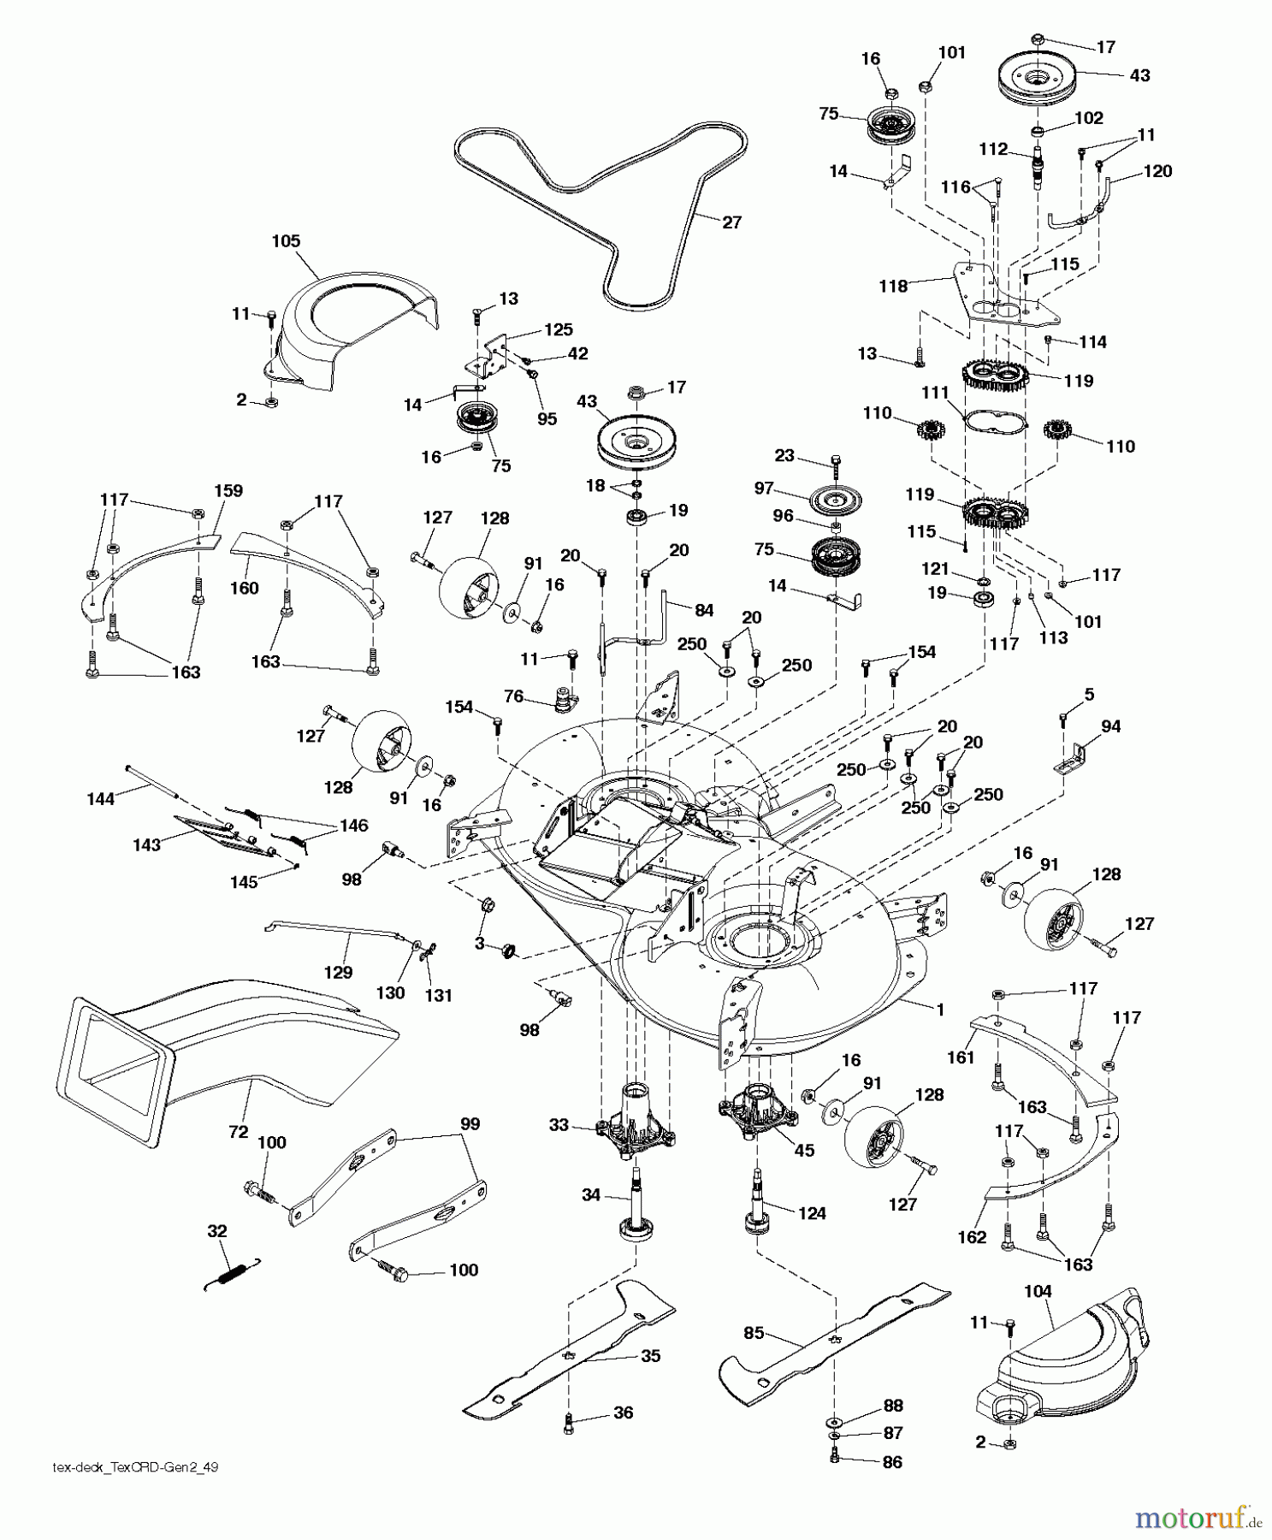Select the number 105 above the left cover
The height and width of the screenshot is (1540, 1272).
coord(286,241)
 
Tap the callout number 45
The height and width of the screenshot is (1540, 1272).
coord(804,1151)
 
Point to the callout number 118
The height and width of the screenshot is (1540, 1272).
coord(893,287)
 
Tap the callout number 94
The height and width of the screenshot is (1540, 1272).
coord(1111,726)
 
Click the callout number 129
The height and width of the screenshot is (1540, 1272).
coord(339,973)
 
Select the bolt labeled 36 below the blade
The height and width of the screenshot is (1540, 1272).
coord(569,1422)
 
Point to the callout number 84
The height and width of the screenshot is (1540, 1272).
coord(703,609)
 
